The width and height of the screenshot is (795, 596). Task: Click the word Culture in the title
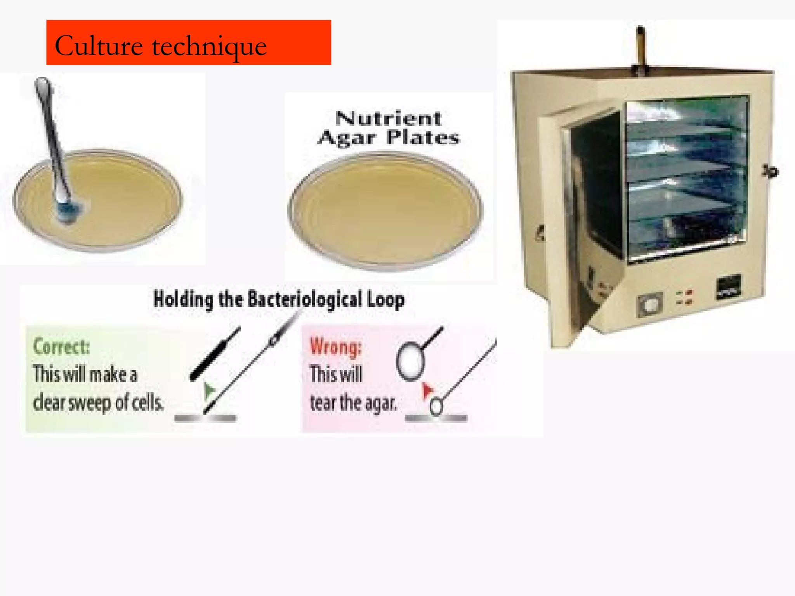(99, 46)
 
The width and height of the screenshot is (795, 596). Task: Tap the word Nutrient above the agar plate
(388, 118)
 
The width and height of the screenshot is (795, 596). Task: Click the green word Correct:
(61, 346)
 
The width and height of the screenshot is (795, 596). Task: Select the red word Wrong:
(335, 347)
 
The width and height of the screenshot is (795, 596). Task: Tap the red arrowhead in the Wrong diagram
(427, 389)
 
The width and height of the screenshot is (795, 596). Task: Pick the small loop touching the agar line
(436, 407)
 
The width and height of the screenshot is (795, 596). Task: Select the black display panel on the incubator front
(728, 288)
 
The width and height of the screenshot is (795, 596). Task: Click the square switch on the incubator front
(649, 304)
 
